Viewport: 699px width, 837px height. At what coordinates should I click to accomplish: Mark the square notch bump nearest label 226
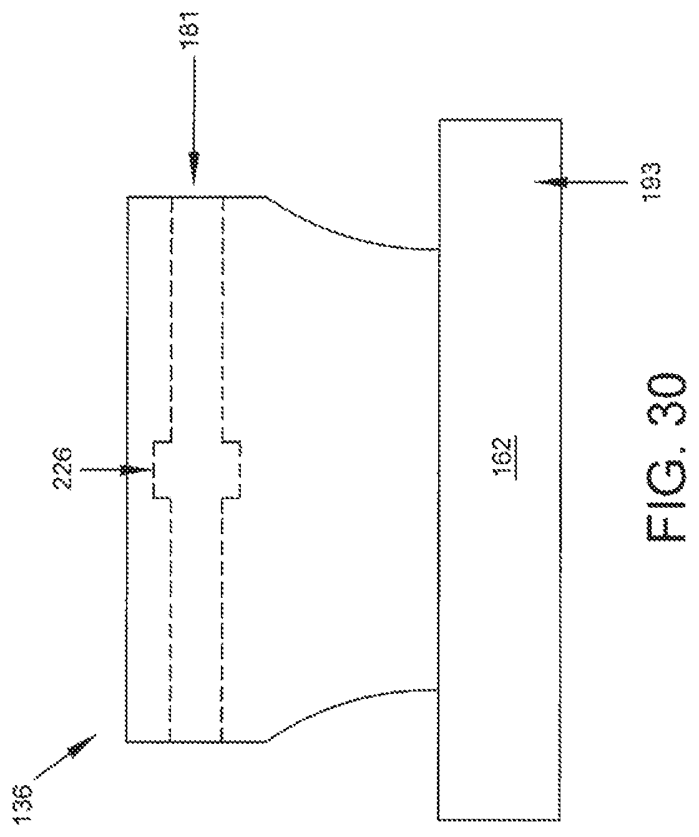click(x=161, y=470)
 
